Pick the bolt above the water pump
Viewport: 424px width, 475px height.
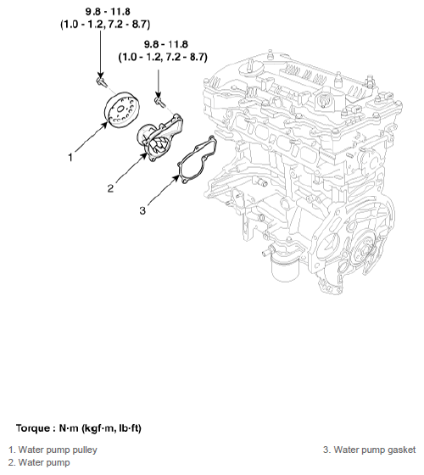[x=159, y=101]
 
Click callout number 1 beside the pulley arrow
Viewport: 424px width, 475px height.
[x=71, y=157]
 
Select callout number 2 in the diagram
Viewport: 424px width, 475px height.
[x=110, y=187]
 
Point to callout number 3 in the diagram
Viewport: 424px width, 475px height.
[x=143, y=209]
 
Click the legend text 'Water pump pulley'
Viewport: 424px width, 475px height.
[x=57, y=450]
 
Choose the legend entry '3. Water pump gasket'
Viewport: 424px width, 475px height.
[x=369, y=450]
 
